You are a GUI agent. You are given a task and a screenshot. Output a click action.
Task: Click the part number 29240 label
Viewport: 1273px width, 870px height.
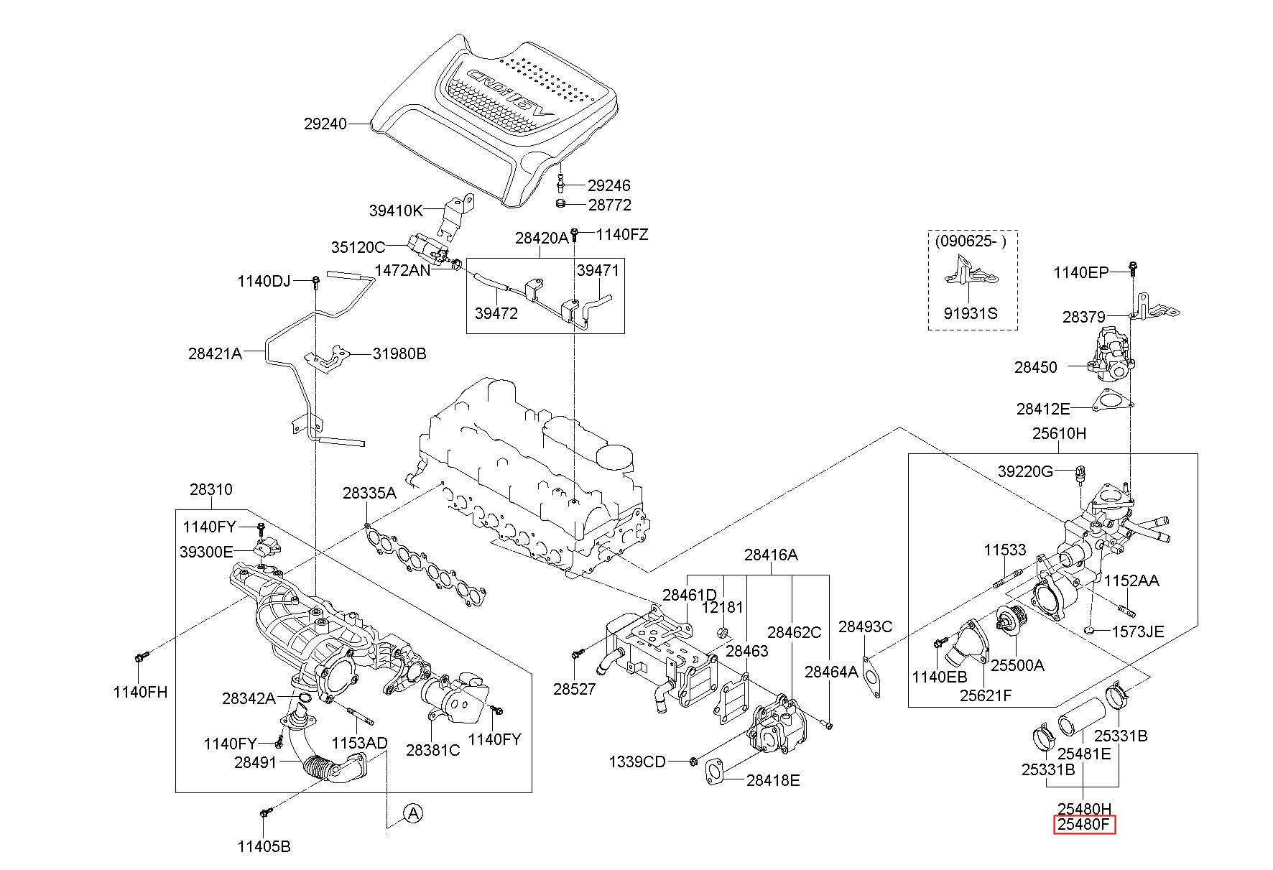click(325, 124)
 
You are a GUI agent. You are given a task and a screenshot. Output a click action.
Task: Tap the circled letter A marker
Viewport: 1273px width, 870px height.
click(412, 813)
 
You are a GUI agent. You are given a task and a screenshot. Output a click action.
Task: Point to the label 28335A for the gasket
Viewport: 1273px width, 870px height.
click(369, 494)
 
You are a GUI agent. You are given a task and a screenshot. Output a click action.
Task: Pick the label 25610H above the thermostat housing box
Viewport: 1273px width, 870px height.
click(1060, 434)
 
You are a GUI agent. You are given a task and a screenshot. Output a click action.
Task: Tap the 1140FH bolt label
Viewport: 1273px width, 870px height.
click(140, 692)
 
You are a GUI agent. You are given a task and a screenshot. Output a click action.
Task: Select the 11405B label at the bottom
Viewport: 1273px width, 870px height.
click(264, 846)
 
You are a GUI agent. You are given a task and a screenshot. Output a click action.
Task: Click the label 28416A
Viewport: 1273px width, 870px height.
click(771, 555)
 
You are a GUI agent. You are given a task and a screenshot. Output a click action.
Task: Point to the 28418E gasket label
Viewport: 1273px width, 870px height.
click(773, 780)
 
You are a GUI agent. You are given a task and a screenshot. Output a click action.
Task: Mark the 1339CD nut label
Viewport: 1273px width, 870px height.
click(638, 761)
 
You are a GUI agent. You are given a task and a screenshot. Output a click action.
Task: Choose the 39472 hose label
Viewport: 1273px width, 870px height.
click(496, 314)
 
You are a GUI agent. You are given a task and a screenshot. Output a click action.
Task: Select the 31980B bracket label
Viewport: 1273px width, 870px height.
click(399, 353)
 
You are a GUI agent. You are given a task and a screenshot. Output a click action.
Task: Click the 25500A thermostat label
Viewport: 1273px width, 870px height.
click(1017, 665)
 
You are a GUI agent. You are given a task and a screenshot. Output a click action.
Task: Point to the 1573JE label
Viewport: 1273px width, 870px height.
click(1138, 632)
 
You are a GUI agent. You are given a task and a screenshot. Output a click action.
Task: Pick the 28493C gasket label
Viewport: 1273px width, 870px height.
click(866, 626)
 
